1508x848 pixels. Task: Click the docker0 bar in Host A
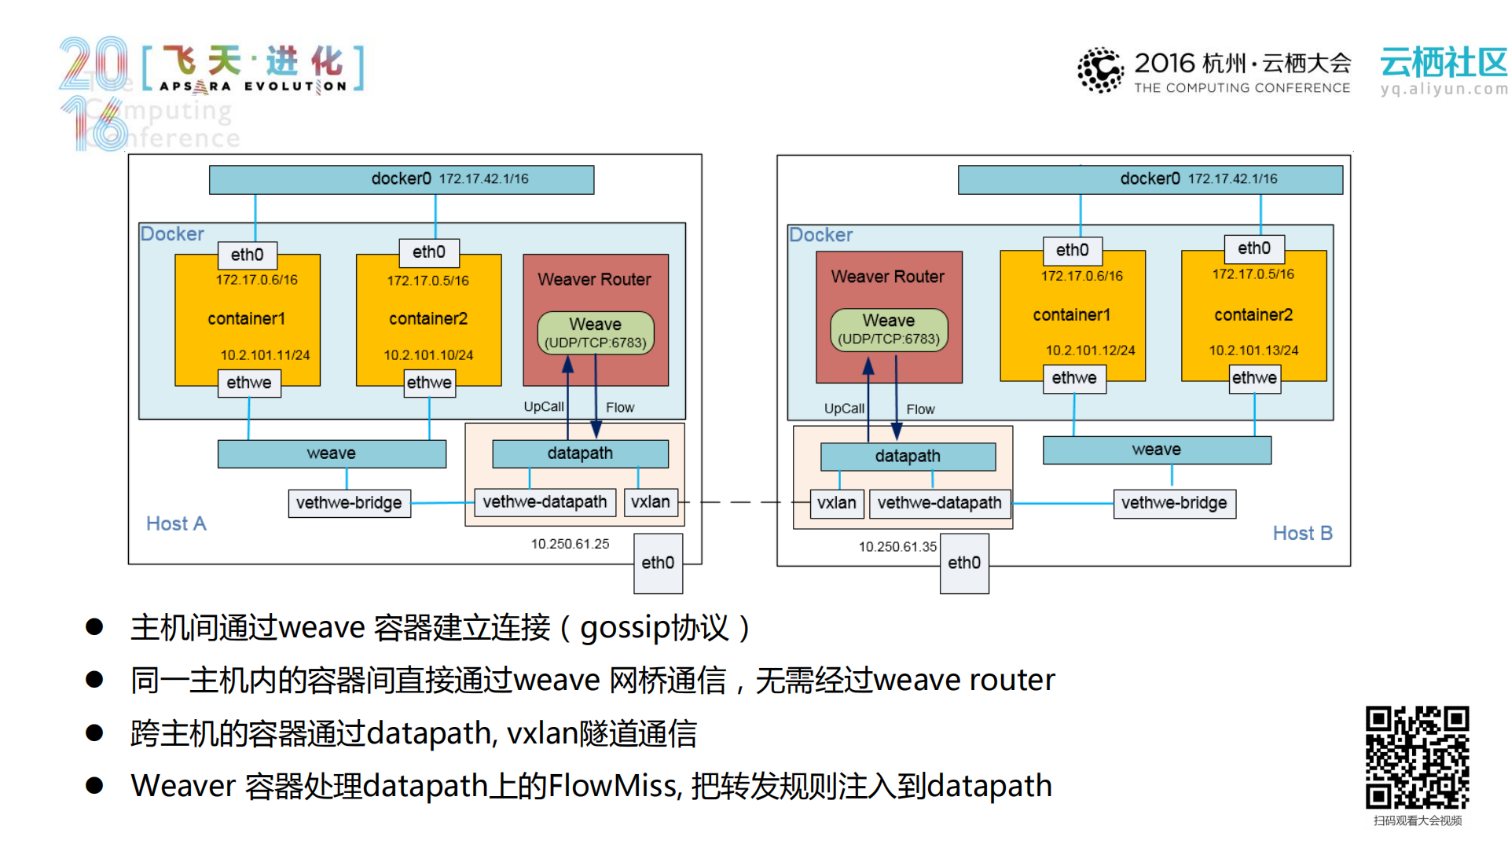pos(402,179)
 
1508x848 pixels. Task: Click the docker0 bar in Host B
pos(1150,179)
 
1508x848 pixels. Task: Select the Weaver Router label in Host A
pos(594,280)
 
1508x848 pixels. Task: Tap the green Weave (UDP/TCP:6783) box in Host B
pos(889,329)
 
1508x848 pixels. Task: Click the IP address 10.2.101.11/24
pos(265,355)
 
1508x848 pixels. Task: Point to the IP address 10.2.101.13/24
pos(1253,351)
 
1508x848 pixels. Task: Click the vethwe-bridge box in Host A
pos(349,503)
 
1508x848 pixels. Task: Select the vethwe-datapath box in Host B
pos(939,503)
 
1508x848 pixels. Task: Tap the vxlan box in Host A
pos(651,502)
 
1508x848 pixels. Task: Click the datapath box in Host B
pos(908,457)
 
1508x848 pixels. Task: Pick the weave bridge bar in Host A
pos(332,453)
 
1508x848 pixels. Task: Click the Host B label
pos(1302,534)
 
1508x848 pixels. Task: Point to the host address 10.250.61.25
pos(570,544)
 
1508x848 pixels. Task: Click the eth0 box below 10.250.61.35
pos(963,563)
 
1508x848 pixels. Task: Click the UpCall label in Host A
pos(543,407)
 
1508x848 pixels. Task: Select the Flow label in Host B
pos(920,409)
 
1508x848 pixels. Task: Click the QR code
pos(1417,757)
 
